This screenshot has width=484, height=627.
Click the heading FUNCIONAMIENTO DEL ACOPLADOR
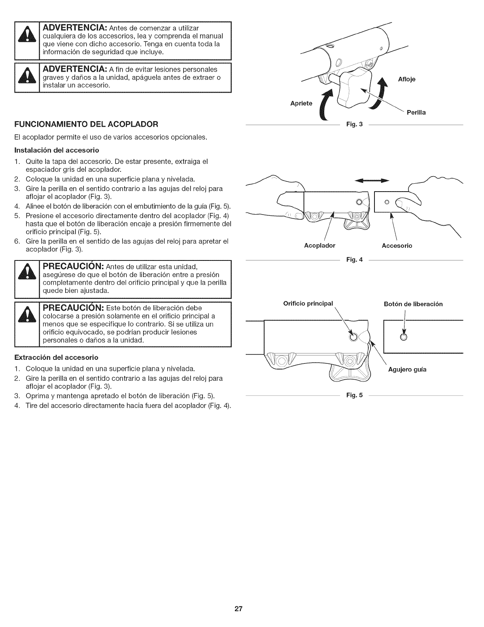[86, 124]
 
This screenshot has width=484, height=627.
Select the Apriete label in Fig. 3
[301, 104]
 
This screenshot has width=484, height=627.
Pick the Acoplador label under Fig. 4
[320, 246]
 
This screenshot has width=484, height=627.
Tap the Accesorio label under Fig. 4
[397, 246]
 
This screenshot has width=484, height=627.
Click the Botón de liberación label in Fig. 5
[413, 304]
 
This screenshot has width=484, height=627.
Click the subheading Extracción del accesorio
[56, 357]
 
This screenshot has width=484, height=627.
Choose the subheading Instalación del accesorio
[57, 150]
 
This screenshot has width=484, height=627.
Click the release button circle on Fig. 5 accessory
[403, 337]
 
